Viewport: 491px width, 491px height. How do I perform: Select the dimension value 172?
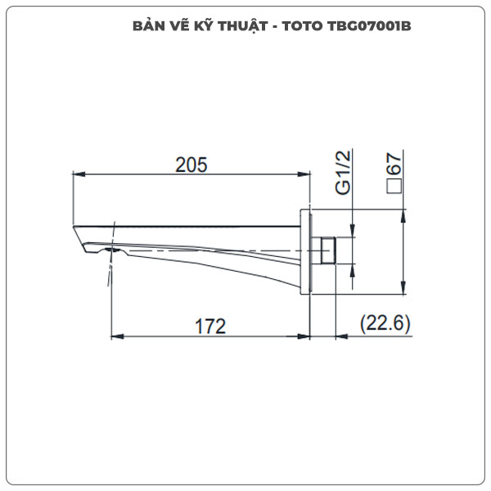click(209, 326)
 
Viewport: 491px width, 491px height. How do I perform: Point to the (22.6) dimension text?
click(385, 325)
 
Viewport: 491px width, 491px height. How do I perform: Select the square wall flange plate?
click(310, 250)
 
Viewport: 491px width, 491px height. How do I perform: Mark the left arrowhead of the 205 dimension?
click(77, 174)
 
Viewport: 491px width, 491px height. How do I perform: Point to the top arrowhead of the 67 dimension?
click(403, 214)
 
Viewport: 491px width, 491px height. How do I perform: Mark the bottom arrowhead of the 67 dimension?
click(403, 291)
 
